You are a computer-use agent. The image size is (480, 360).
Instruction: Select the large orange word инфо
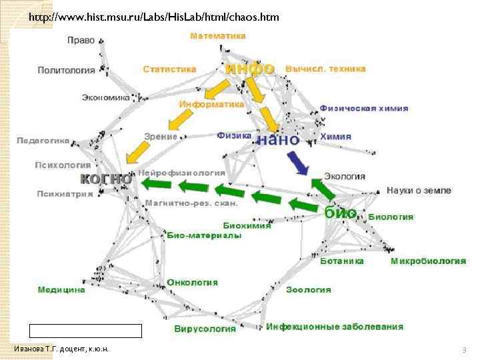point(250,68)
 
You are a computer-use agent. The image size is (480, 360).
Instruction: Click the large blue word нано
point(278,140)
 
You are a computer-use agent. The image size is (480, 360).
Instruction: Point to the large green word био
point(341,213)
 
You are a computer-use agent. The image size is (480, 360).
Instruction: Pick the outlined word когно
point(105,179)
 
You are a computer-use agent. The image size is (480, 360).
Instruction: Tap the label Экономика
point(105,97)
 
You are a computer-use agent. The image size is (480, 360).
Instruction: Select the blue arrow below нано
point(297,163)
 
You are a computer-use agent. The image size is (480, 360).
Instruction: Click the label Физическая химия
point(364,108)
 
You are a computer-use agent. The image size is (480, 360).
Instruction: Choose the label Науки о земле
point(419,191)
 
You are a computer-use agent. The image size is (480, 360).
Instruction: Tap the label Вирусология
point(205,329)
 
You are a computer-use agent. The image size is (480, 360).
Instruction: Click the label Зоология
point(309,290)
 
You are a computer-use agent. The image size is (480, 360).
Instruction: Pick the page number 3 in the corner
point(464,350)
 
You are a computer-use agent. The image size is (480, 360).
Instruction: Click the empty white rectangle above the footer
point(85,331)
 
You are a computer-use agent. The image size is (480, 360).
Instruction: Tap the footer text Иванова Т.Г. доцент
point(61,349)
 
